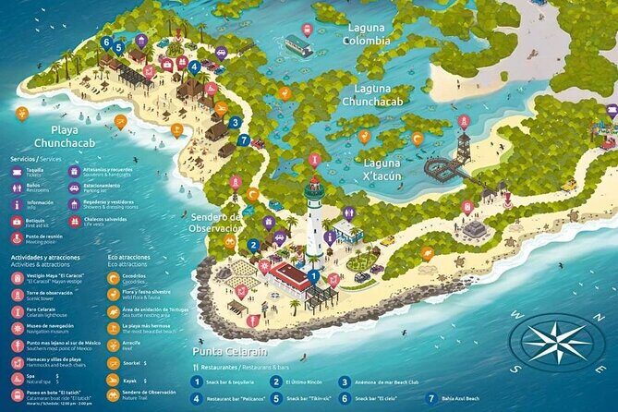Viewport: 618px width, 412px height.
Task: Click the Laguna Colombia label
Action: coord(367,34)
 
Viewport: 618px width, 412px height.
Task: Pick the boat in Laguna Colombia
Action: coord(298,44)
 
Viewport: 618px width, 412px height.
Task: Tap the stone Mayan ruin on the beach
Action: coord(475,227)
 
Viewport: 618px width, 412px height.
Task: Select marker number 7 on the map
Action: coord(243,140)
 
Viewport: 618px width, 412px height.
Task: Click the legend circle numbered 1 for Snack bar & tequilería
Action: coord(197,381)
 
